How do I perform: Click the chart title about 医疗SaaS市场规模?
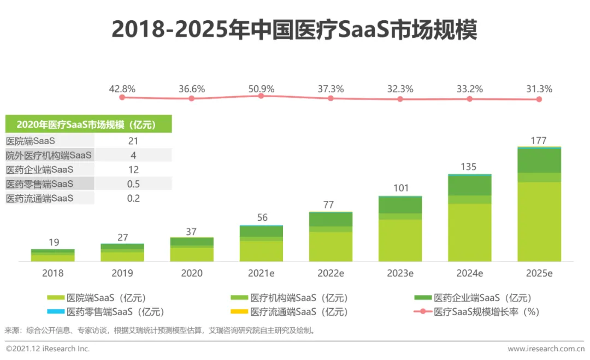point(294,30)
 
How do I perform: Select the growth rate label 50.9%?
point(261,89)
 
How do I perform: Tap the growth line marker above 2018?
point(122,97)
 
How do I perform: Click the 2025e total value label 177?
point(539,140)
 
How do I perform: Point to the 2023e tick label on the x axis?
point(400,273)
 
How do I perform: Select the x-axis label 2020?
point(191,273)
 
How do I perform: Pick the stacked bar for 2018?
point(52,255)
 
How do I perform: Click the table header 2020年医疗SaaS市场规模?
point(87,125)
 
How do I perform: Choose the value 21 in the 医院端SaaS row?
point(133,141)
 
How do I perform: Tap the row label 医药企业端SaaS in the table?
point(39,169)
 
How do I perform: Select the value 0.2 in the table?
point(133,198)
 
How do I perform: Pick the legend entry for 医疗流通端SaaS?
point(290,312)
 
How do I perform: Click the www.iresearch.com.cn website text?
point(546,349)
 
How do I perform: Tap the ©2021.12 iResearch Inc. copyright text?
point(48,349)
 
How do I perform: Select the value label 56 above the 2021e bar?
point(262,217)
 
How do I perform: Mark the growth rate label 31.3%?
point(539,89)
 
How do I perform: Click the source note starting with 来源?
point(160,331)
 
